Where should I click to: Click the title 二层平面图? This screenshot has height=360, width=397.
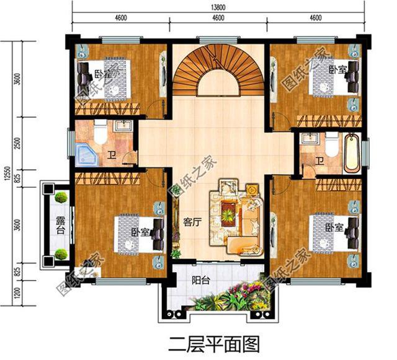[213, 341]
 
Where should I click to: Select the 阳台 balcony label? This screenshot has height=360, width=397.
[200, 280]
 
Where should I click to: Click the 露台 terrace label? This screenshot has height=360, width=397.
[60, 226]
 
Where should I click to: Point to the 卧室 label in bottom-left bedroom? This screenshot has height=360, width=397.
[140, 232]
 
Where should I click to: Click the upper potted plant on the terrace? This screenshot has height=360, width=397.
[61, 198]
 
